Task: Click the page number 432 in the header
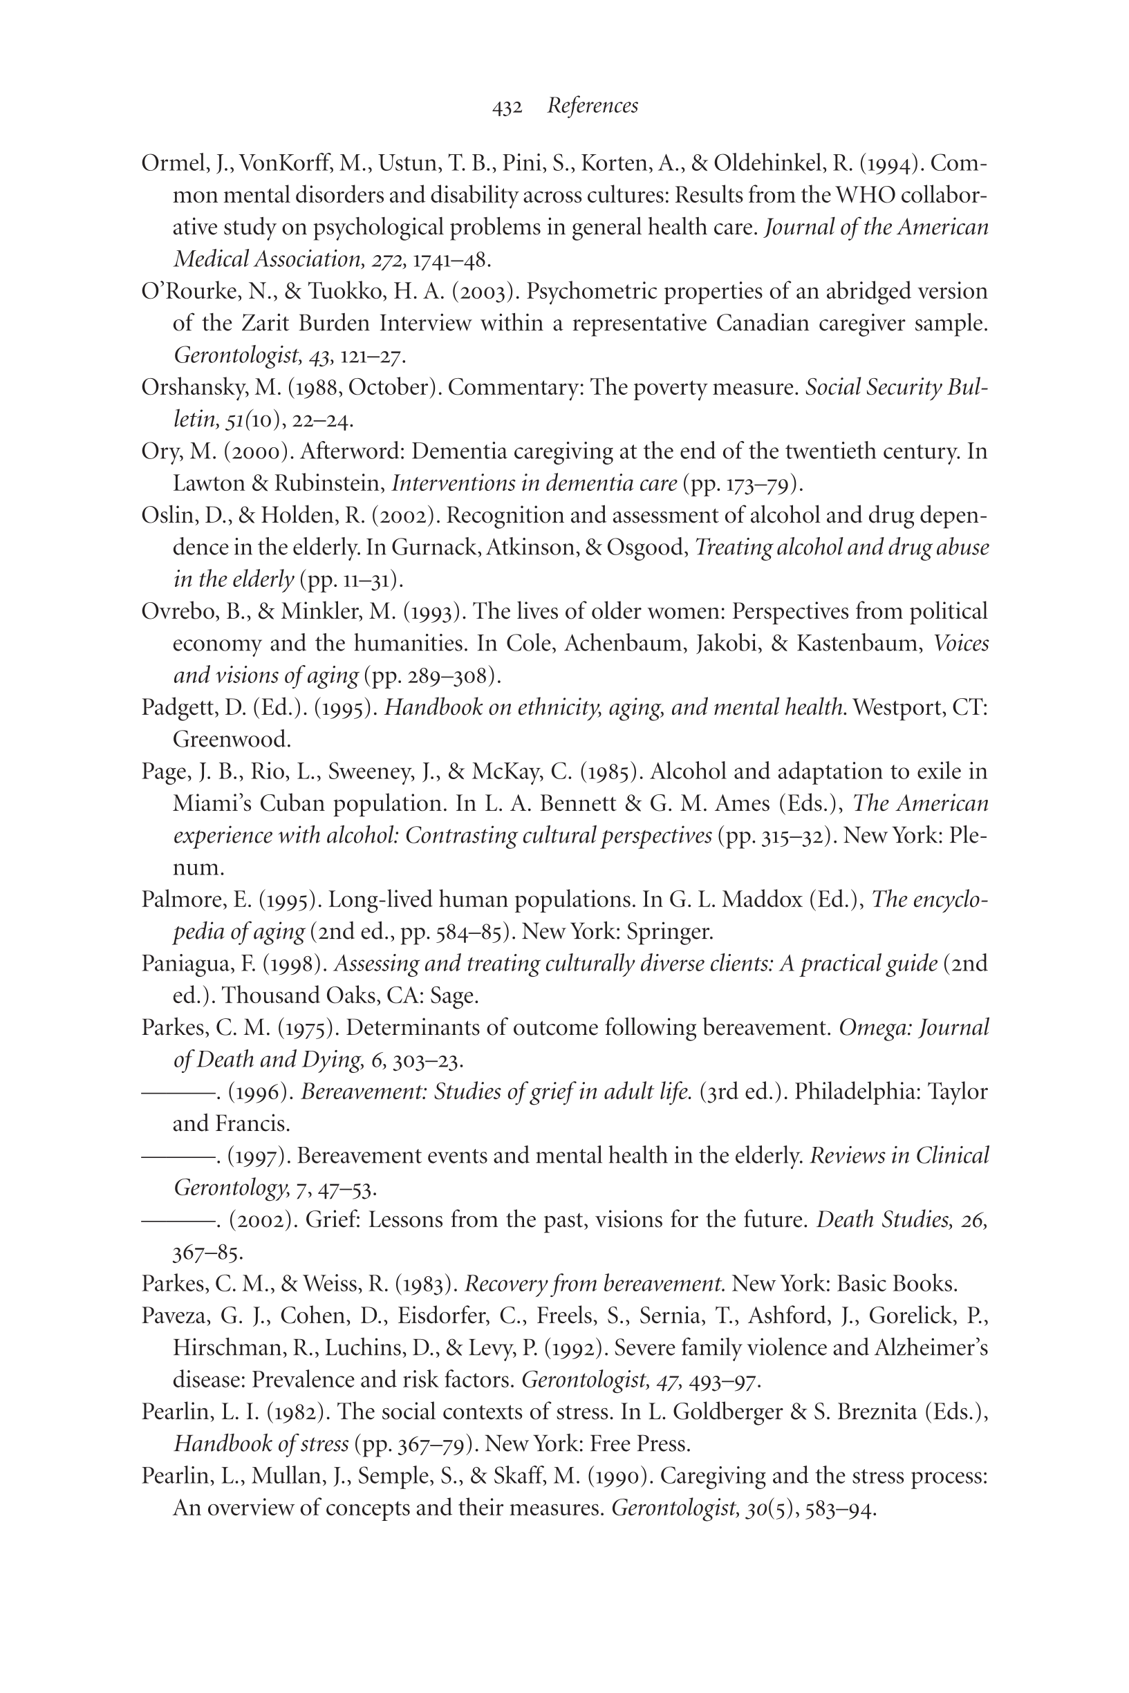click(507, 107)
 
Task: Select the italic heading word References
click(593, 106)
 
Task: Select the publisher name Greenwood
click(231, 739)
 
